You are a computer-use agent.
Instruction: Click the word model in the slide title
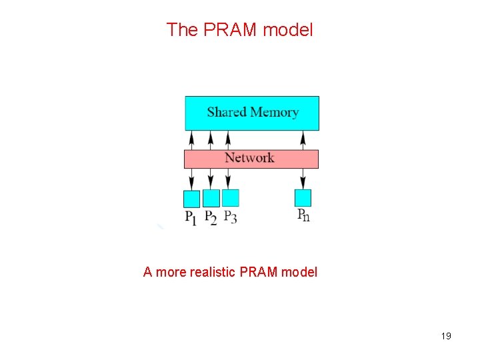coord(288,29)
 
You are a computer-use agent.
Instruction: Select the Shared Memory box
coord(251,113)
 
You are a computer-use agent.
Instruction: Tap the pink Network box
coord(251,159)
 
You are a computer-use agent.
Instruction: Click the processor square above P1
coord(191,198)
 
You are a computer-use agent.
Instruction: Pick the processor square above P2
coord(211,198)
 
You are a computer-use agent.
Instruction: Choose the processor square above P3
coord(230,198)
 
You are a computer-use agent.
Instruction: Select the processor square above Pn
coord(303,198)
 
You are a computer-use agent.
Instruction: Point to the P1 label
coord(191,217)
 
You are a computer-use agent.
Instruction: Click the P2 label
coord(211,217)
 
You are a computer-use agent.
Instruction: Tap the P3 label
coord(230,217)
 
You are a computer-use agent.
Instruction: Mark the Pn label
coord(303,215)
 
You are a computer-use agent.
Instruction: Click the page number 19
coord(446,336)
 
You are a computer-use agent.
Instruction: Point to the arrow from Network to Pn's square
coord(303,179)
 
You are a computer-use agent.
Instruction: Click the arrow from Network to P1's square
coord(192,179)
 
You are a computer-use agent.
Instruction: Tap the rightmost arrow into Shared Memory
coord(303,140)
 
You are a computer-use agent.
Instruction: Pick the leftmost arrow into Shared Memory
coord(192,140)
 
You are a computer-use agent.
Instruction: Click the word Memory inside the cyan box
coord(274,112)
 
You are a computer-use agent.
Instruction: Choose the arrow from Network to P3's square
coord(229,179)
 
